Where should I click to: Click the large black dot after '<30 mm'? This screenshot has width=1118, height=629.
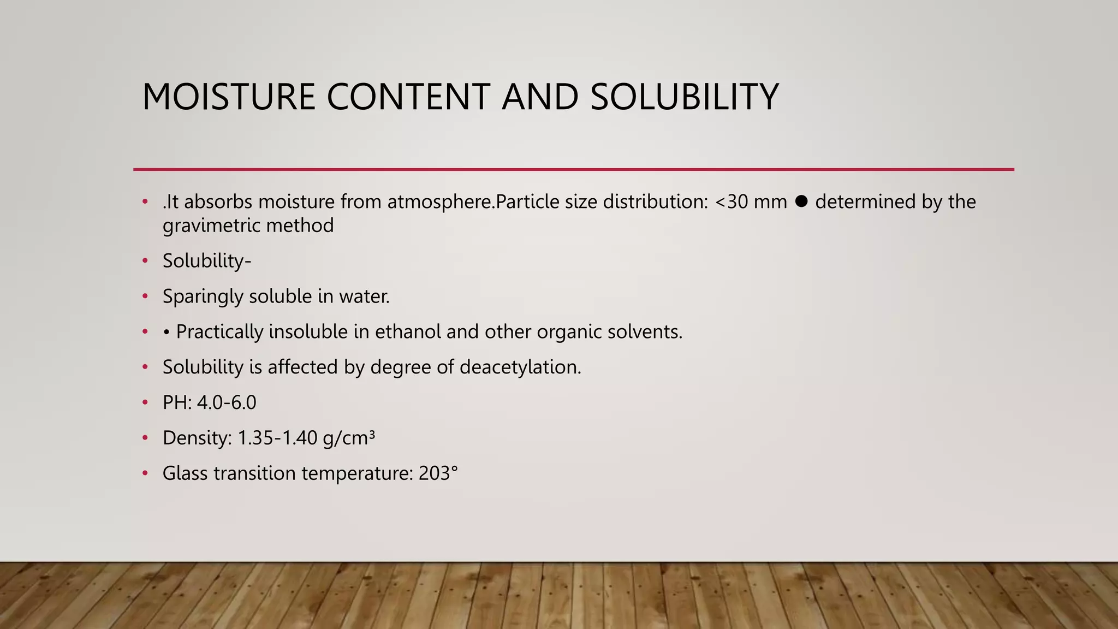tap(801, 201)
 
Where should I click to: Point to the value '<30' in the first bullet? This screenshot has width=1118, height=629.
tap(732, 202)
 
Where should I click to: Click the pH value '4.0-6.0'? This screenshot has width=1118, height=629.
tap(227, 402)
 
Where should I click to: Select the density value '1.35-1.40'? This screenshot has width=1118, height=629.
tap(277, 438)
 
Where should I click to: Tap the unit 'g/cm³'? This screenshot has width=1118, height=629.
tap(349, 438)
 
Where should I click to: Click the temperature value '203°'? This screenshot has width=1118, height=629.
tap(438, 473)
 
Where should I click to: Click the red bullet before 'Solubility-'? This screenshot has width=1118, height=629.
tap(145, 261)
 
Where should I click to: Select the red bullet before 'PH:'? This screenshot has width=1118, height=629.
tap(145, 402)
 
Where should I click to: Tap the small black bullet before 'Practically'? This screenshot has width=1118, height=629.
tap(166, 332)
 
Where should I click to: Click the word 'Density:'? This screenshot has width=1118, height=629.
tap(197, 438)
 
